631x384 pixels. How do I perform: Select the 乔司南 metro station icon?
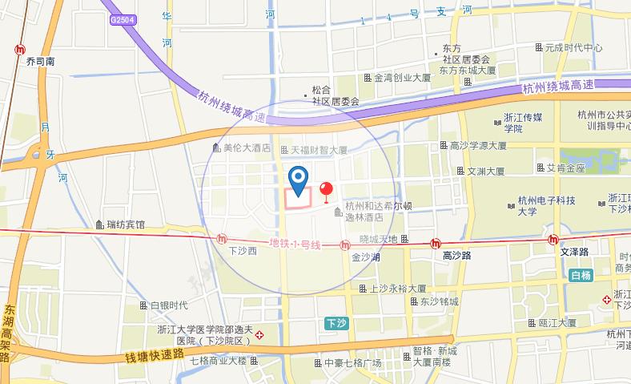(18, 50)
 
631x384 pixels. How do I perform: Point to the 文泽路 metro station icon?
(554, 239)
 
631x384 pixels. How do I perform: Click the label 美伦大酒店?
(247, 148)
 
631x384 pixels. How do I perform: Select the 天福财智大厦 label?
(318, 150)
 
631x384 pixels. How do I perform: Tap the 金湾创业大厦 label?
(403, 79)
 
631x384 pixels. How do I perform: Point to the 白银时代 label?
(168, 305)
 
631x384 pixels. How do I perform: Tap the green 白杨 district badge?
(581, 277)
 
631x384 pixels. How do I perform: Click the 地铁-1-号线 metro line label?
(295, 244)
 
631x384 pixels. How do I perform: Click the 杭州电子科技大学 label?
(548, 206)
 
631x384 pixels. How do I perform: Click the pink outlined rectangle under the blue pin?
(299, 198)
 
